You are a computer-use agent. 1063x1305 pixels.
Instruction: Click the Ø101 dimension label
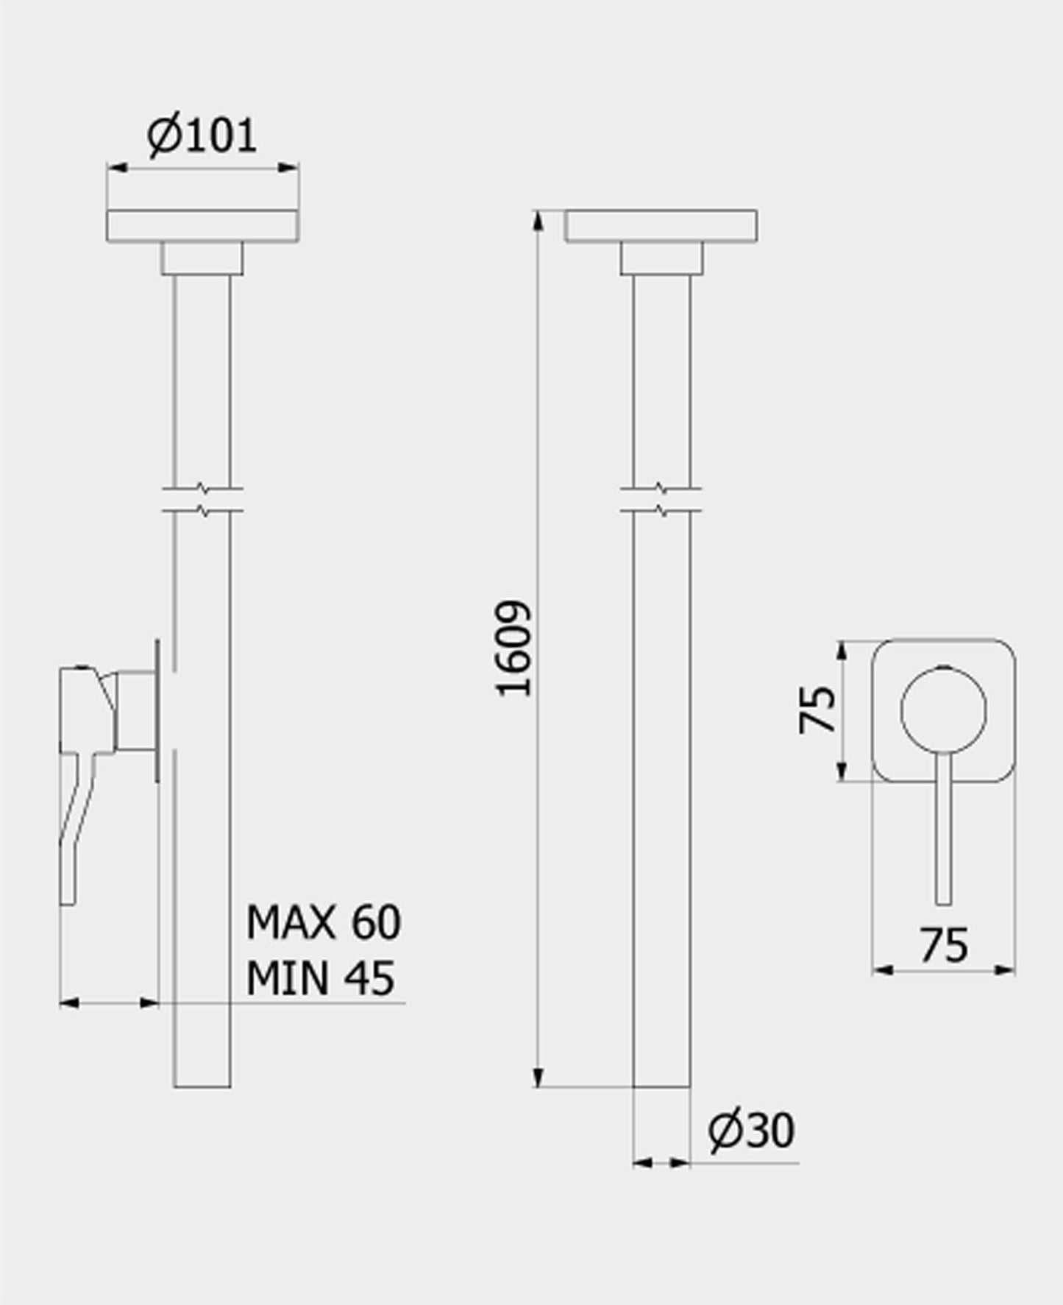click(x=202, y=135)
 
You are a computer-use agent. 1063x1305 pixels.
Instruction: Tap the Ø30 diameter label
click(x=751, y=1131)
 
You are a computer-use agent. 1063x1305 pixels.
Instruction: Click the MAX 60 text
click(x=324, y=922)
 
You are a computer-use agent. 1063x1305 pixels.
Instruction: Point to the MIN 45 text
click(x=320, y=978)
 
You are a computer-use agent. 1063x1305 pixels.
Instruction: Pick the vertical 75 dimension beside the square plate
click(x=817, y=710)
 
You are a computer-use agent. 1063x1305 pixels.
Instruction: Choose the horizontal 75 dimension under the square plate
click(x=944, y=945)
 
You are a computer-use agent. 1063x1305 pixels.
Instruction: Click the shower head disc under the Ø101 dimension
click(x=202, y=226)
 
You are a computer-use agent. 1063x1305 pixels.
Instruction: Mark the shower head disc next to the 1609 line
click(x=661, y=226)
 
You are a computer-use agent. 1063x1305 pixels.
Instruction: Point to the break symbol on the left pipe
click(x=203, y=498)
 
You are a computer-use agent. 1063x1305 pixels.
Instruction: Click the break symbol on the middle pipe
click(x=661, y=498)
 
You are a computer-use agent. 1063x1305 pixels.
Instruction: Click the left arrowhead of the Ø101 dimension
click(x=116, y=169)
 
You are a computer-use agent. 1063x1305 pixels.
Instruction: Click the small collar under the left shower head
click(x=202, y=258)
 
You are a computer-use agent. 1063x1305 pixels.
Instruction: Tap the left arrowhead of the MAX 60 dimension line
click(x=68, y=1002)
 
